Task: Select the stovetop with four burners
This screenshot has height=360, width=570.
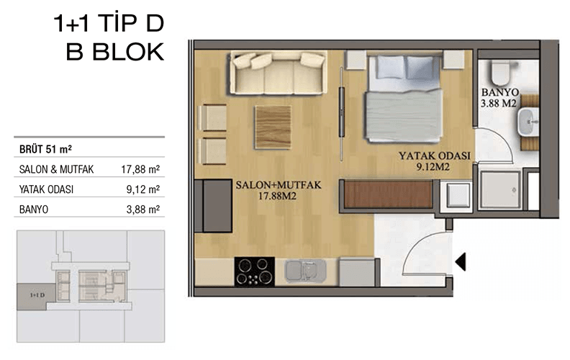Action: (x=255, y=272)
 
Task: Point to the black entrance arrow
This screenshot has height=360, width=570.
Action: (x=461, y=262)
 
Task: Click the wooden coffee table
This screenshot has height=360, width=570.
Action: (x=273, y=127)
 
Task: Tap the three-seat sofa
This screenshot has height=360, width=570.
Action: (x=278, y=73)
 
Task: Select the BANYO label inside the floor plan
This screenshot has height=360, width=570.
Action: (x=500, y=92)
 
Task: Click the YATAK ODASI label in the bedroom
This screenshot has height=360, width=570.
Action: (x=435, y=156)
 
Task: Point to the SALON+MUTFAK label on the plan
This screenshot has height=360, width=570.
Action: (x=279, y=185)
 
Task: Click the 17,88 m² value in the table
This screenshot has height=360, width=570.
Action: (x=140, y=169)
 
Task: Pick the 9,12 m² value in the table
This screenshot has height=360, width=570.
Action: (x=143, y=189)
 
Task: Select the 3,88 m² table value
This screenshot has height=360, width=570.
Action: (x=143, y=210)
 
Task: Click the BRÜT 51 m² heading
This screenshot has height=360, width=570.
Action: (x=45, y=149)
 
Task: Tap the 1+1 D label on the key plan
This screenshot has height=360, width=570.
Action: (x=37, y=295)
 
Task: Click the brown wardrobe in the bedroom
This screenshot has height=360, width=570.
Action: (x=388, y=194)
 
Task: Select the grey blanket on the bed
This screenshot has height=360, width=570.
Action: (x=404, y=116)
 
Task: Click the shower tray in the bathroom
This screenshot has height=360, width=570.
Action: (x=500, y=191)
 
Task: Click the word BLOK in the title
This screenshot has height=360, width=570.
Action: (x=128, y=52)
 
